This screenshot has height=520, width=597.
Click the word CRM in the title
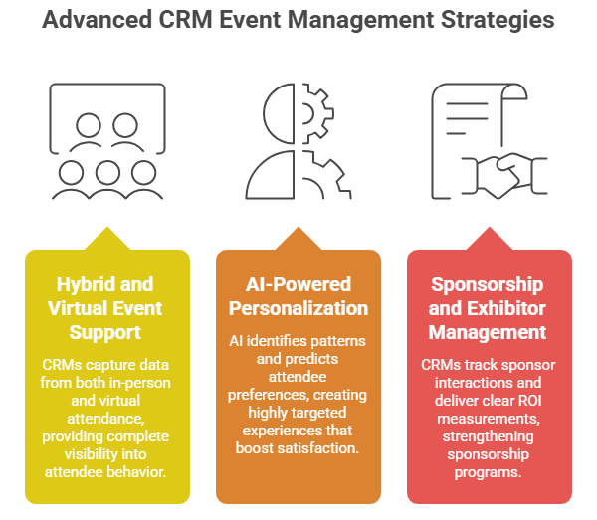coord(185,20)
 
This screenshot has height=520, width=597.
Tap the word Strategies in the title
coord(497,21)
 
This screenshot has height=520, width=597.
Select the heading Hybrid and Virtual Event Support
coord(105,308)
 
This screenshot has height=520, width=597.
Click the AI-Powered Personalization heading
coord(298,296)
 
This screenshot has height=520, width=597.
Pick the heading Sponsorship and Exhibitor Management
coord(488,308)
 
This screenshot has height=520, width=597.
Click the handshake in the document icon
coord(504,175)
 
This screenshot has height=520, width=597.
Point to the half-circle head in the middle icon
coord(279,113)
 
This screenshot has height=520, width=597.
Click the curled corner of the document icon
coord(514,92)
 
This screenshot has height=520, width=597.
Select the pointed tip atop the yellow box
coord(107,228)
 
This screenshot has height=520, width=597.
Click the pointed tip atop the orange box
coord(298,228)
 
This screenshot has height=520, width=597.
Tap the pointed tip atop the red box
coord(490,228)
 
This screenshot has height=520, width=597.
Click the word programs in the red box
coord(488,473)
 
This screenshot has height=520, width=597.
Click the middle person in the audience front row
coord(107,179)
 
